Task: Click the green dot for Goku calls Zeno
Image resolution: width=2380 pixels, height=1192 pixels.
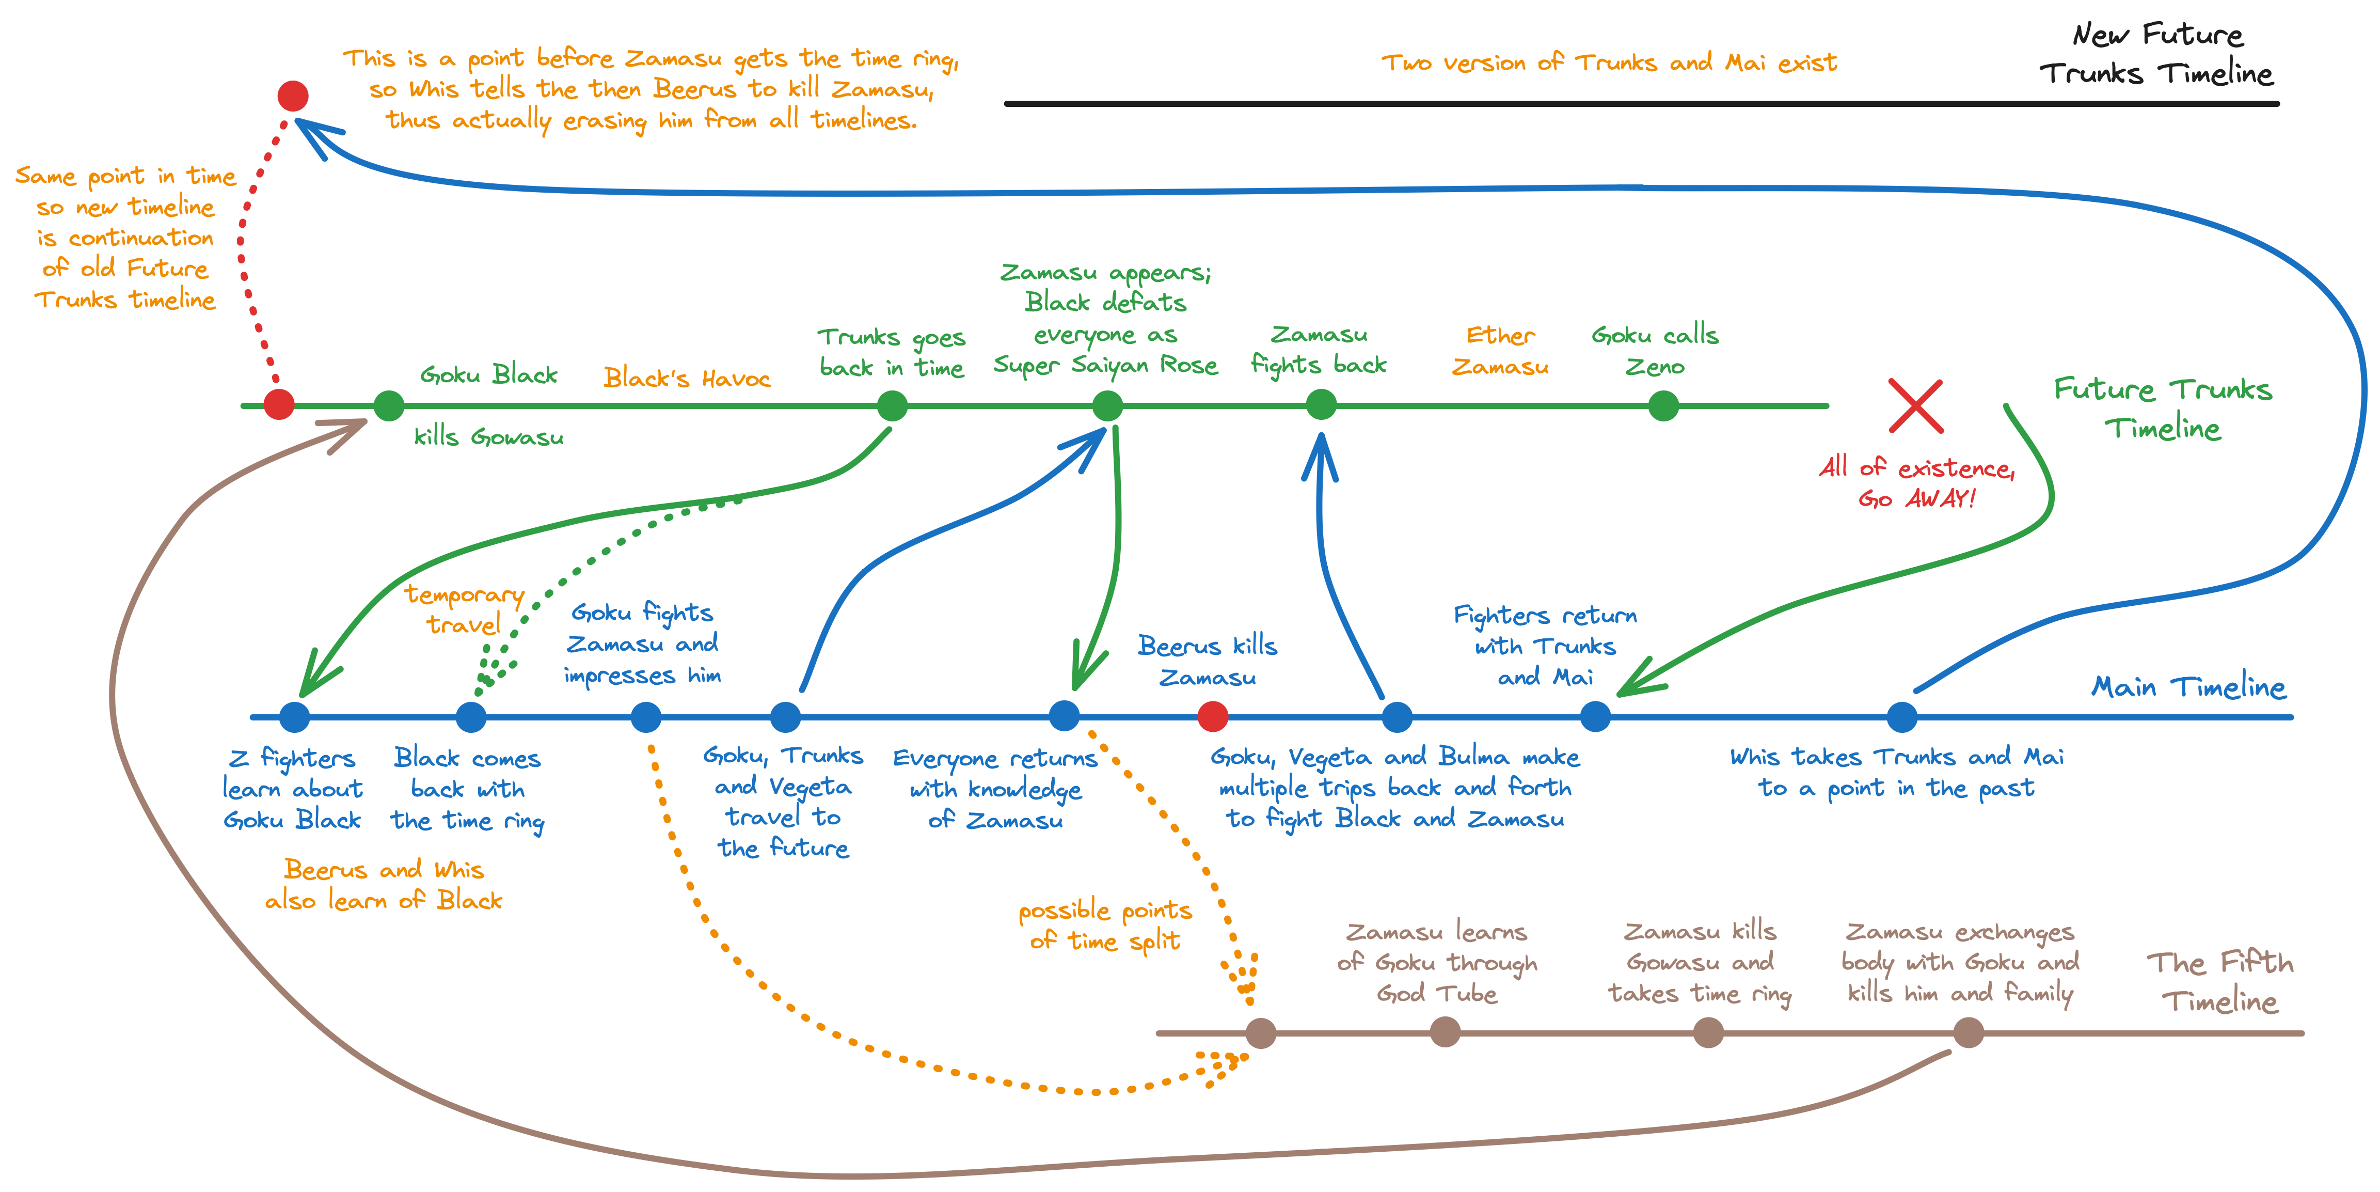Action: (1663, 405)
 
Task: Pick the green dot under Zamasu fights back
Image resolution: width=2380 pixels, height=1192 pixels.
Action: (1321, 405)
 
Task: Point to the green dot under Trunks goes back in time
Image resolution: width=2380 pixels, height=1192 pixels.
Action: (892, 405)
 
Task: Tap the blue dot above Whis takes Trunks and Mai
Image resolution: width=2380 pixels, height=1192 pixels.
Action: (1901, 716)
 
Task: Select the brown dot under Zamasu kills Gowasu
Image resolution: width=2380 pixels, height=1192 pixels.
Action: (1708, 1032)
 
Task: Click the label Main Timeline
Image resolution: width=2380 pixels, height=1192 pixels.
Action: (2188, 686)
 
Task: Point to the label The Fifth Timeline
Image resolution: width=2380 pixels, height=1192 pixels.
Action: (2219, 981)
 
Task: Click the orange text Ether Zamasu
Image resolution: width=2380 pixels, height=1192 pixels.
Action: (1500, 351)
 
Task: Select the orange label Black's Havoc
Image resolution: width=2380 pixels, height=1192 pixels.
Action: (687, 378)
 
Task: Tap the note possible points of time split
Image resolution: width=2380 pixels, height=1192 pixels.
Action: (1105, 925)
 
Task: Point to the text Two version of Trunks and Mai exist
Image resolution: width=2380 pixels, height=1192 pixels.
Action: (1609, 63)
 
